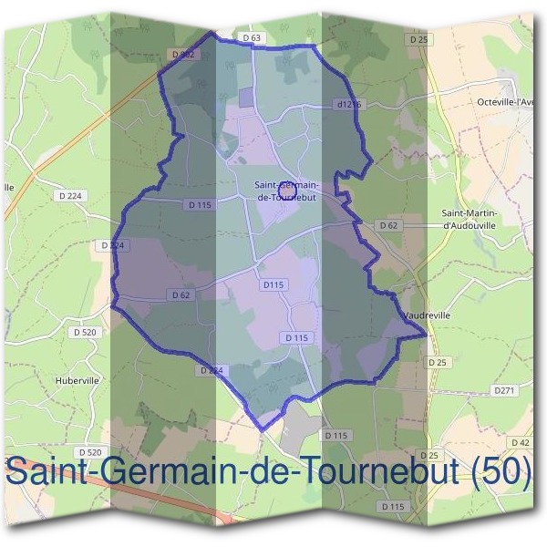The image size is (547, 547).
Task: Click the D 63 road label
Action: (253, 37)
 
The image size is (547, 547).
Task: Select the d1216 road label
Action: (348, 105)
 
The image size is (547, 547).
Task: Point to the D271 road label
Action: (504, 389)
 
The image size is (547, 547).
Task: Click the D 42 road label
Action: (521, 442)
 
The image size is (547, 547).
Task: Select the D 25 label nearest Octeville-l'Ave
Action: (418, 40)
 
